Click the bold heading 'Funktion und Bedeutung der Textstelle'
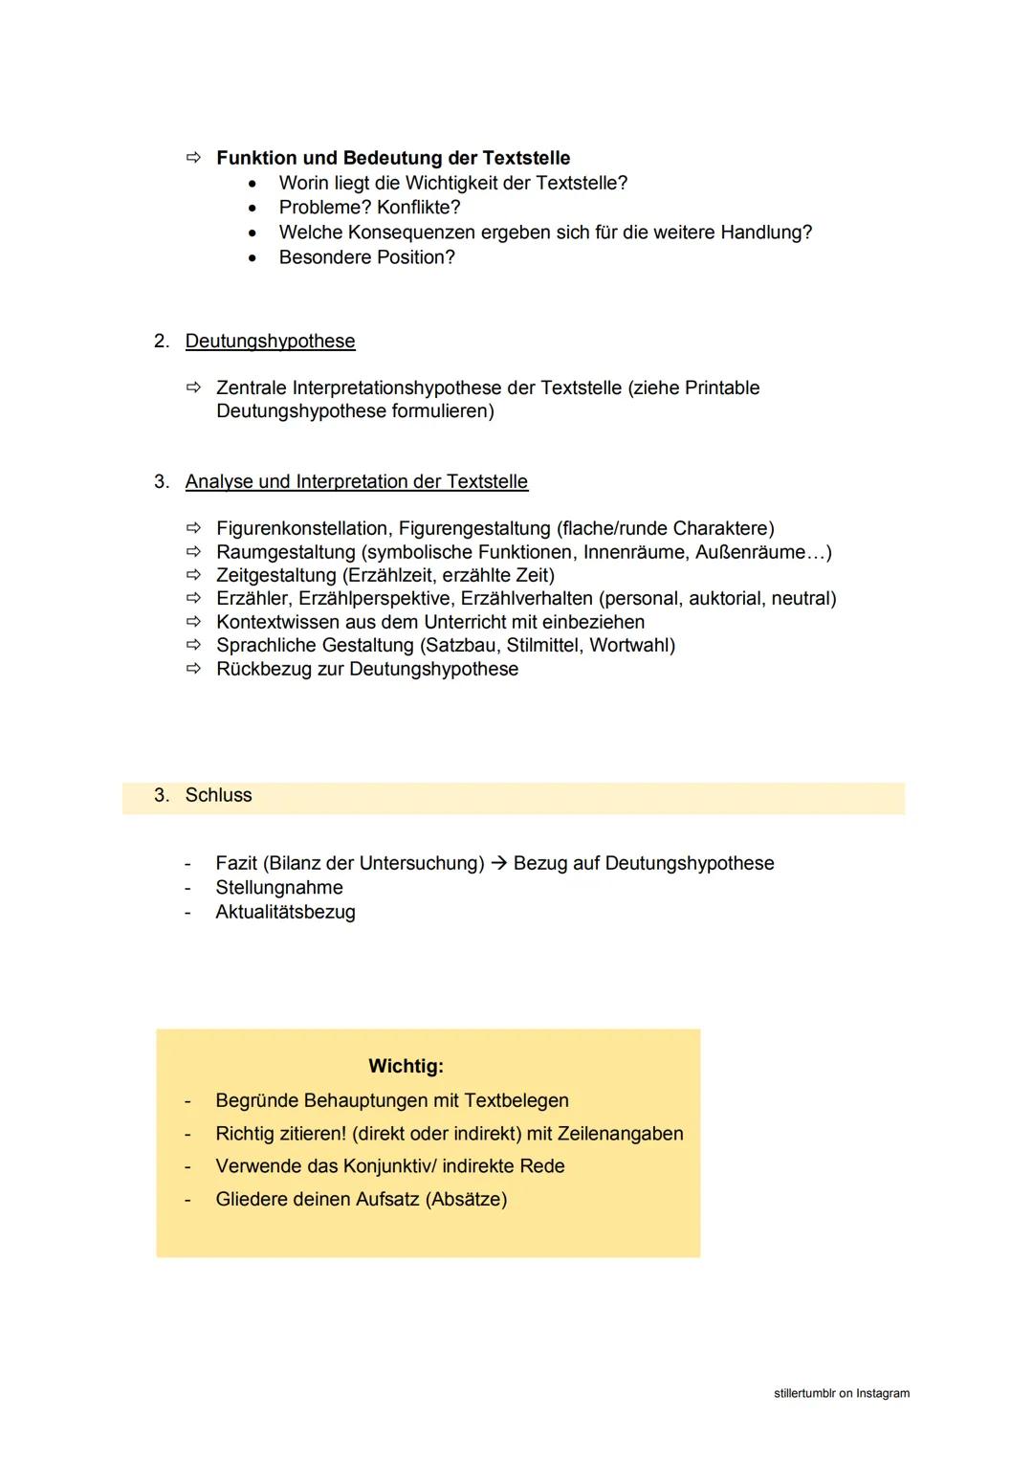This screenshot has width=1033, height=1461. click(x=393, y=158)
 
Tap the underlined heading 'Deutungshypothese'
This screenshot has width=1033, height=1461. click(x=270, y=342)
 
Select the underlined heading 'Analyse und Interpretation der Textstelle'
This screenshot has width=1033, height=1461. click(x=356, y=482)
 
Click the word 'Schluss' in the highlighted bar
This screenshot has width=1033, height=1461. click(x=218, y=796)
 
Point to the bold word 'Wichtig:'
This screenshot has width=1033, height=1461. click(x=406, y=1066)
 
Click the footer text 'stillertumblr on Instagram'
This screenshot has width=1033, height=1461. click(x=841, y=1394)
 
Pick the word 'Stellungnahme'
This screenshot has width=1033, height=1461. click(x=278, y=888)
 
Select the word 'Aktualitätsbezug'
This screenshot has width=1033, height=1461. click(x=285, y=913)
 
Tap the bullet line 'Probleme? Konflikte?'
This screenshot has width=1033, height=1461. click(x=369, y=208)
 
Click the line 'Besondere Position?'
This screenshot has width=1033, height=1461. click(x=366, y=257)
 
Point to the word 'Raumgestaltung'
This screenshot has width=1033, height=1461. click(x=285, y=553)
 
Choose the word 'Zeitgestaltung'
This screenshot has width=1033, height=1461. click(x=275, y=576)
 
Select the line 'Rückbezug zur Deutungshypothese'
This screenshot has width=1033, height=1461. click(x=367, y=670)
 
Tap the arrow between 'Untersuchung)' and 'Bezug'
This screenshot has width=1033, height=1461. click(x=498, y=864)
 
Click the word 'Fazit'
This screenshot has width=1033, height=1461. click(x=235, y=864)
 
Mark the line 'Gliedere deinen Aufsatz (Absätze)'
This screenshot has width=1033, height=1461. click(x=361, y=1200)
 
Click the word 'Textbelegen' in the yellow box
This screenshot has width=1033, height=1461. click(x=516, y=1101)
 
